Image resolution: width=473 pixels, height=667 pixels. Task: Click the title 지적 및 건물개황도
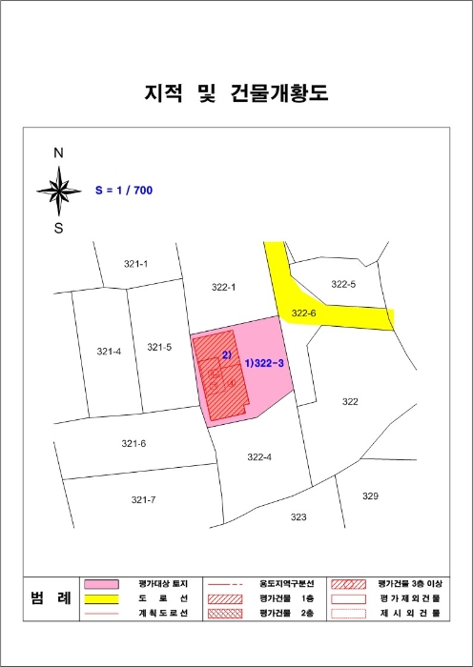[236, 93]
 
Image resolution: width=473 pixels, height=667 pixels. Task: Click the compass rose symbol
[59, 190]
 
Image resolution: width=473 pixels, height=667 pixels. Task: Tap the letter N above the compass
[58, 152]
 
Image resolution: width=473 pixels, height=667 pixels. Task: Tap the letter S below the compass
[59, 228]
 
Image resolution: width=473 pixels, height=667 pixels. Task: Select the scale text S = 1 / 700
[124, 191]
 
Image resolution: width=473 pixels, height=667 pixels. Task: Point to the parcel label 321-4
[110, 352]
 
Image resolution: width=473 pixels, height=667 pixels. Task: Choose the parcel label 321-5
[159, 348]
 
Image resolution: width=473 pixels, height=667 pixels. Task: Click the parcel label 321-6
[134, 444]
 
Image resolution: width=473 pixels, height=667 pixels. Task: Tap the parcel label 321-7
[143, 499]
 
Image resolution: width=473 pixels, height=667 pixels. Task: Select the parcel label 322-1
[221, 286]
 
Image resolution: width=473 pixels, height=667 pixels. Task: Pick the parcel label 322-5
[342, 284]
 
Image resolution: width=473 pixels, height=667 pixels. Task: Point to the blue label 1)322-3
[265, 363]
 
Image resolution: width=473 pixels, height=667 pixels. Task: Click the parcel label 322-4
[259, 457]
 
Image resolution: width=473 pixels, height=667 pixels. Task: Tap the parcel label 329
[370, 496]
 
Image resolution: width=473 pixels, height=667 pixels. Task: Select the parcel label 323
[298, 517]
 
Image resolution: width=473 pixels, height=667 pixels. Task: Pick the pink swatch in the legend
[100, 584]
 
